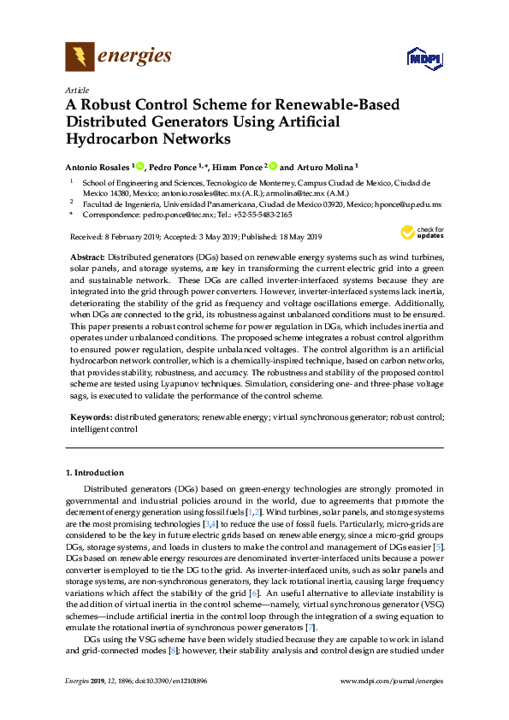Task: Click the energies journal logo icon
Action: (80, 57)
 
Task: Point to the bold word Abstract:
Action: (88, 257)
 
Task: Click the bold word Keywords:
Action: (91, 416)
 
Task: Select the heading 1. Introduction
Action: (95, 473)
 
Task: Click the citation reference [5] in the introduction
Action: (438, 546)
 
